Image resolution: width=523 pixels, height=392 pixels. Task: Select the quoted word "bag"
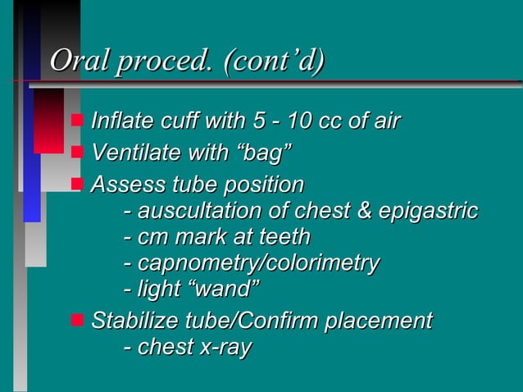coord(261,153)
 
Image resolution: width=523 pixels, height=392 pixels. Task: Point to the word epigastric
coord(427,212)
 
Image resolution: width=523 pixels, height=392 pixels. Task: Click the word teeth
coord(283,238)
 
